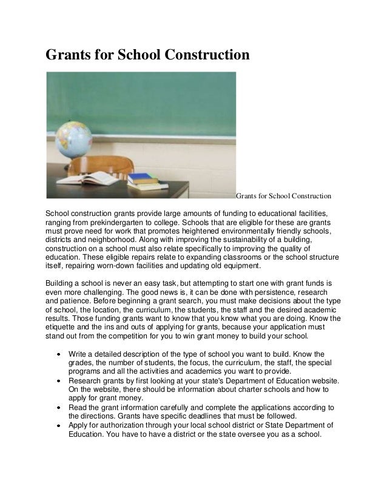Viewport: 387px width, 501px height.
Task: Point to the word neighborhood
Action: pos(113,240)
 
